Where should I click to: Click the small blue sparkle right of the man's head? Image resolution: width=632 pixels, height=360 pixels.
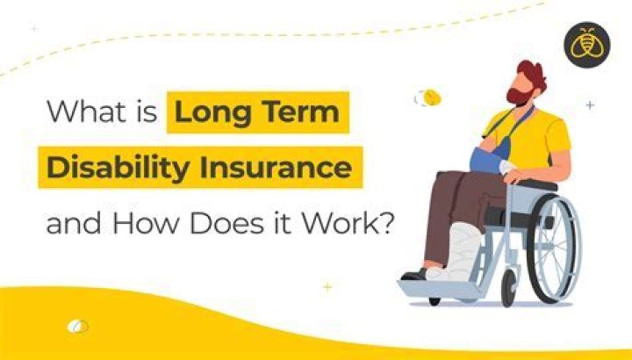point(590,105)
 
